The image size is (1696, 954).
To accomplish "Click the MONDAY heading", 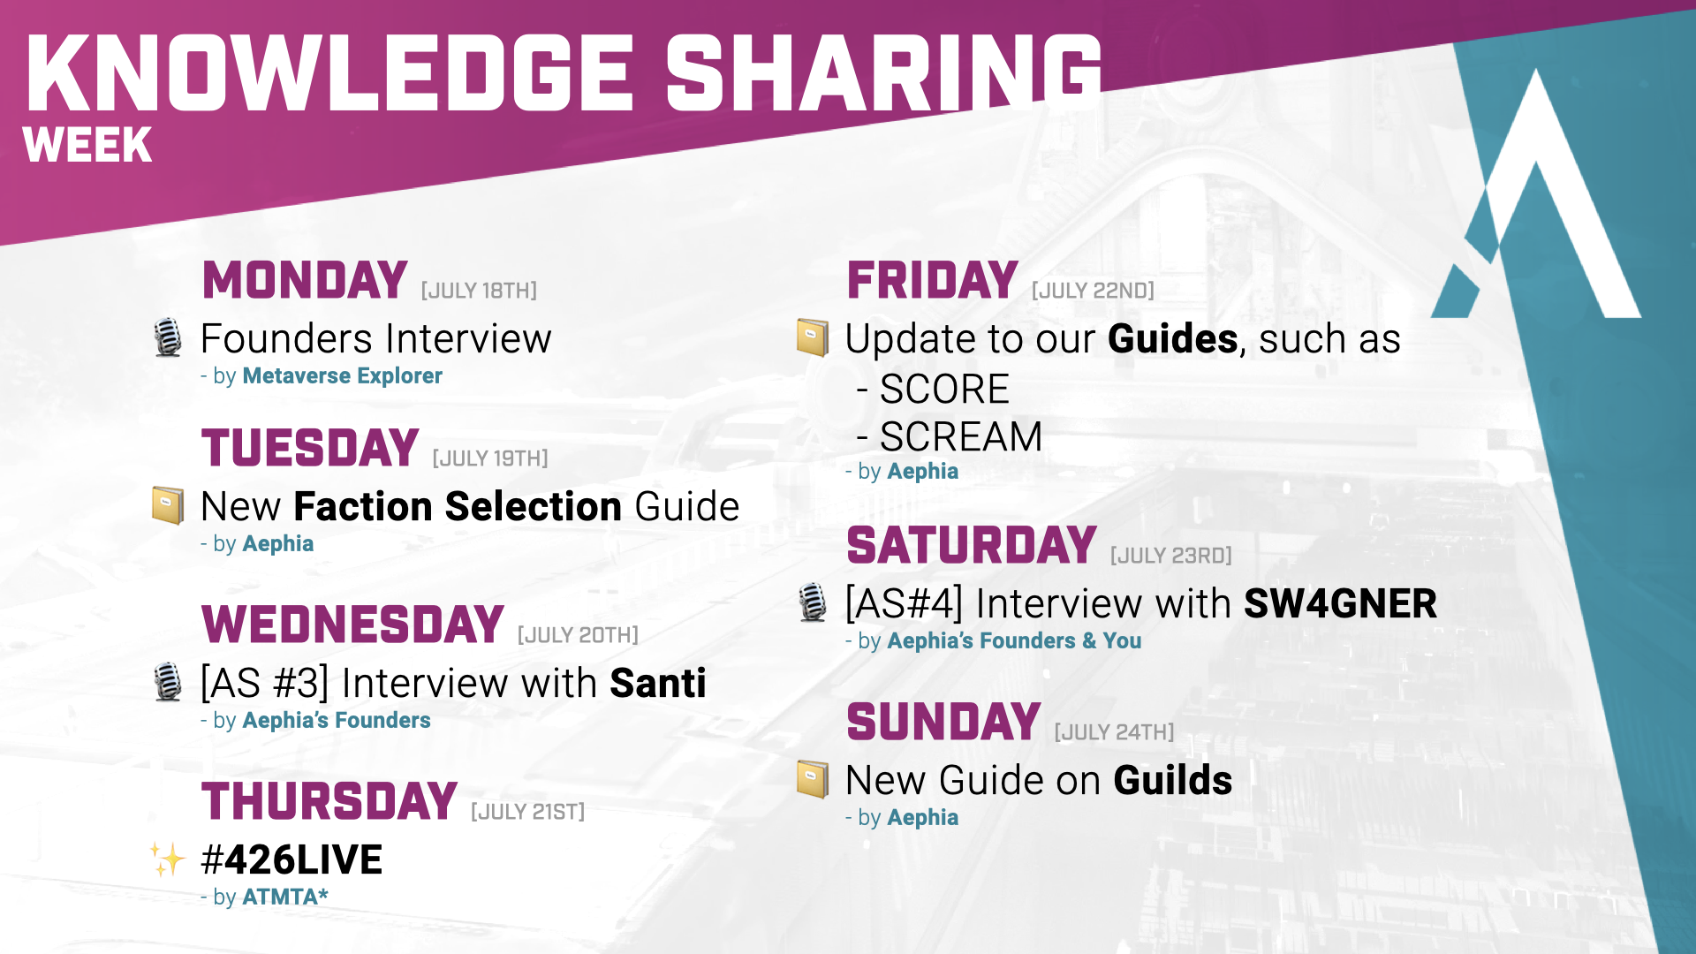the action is [x=305, y=281].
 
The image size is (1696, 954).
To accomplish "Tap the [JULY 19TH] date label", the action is [x=490, y=458].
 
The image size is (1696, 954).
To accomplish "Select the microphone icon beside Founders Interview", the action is [x=168, y=337].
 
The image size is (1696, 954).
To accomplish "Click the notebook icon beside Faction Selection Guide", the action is [x=168, y=505].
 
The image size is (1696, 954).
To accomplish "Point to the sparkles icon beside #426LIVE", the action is [x=167, y=859].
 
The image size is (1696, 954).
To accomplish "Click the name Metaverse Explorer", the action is [x=343, y=375].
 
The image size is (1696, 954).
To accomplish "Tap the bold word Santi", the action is [x=658, y=683].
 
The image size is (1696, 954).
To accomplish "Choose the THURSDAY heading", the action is [x=329, y=802].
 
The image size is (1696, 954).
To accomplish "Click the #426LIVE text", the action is [x=292, y=859].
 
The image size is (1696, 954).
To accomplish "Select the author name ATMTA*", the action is [x=285, y=897].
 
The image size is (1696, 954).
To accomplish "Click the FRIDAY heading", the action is [x=933, y=281].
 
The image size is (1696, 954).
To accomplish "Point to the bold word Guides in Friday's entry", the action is [x=1173, y=339].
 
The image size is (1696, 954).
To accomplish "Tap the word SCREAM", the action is [x=961, y=437].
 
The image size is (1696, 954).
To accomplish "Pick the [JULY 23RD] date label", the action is [x=1171, y=556].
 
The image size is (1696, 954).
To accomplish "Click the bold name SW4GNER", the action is [x=1340, y=604].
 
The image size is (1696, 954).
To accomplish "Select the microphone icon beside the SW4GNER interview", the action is [x=813, y=602].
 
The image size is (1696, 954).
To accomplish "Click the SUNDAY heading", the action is [x=943, y=723].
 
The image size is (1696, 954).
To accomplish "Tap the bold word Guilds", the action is [x=1173, y=781].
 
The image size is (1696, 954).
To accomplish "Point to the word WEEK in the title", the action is [x=87, y=145].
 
